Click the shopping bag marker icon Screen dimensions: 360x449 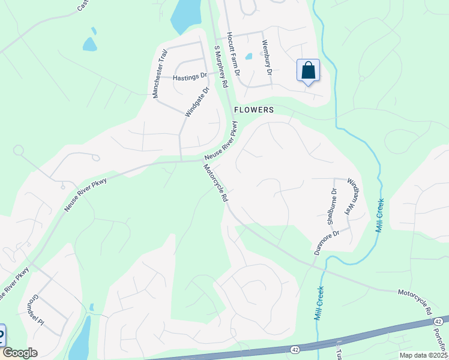pyautogui.click(x=308, y=71)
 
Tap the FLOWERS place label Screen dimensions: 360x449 pyautogui.click(x=253, y=110)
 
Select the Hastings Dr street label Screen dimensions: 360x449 pyautogui.click(x=189, y=77)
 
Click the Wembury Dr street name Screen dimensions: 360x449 pyautogui.click(x=267, y=58)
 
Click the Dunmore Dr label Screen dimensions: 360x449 pyautogui.click(x=327, y=241)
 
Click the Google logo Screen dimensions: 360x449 pyautogui.click(x=20, y=353)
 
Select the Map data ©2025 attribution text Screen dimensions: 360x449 pyautogui.click(x=423, y=355)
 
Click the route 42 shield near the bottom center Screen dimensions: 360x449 pyautogui.click(x=295, y=348)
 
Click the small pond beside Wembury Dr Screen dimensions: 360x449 pyautogui.click(x=249, y=56)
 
